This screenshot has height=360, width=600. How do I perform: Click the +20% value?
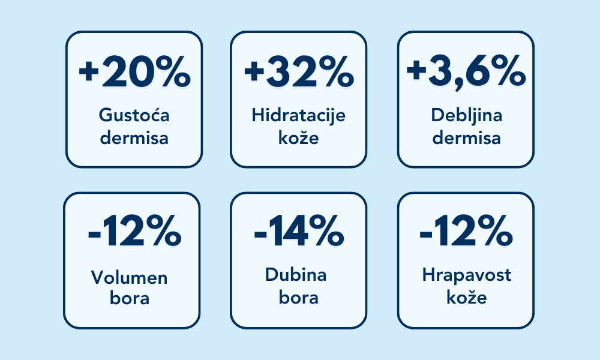[134, 73]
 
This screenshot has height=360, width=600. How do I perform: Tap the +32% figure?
[299, 73]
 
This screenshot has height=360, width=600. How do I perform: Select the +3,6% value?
[466, 73]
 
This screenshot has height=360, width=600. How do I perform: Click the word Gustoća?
[134, 115]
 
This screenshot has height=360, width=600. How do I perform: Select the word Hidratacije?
[299, 115]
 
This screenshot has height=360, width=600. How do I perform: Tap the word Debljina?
[466, 115]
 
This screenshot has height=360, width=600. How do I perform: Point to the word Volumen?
[130, 277]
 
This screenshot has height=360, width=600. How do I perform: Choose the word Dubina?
[296, 275]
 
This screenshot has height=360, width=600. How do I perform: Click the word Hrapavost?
[467, 275]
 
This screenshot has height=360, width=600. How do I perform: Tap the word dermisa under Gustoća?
[134, 138]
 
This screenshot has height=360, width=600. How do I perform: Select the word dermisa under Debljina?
[466, 138]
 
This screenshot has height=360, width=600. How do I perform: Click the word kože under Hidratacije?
[298, 138]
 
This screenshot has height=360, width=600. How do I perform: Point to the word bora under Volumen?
[130, 299]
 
